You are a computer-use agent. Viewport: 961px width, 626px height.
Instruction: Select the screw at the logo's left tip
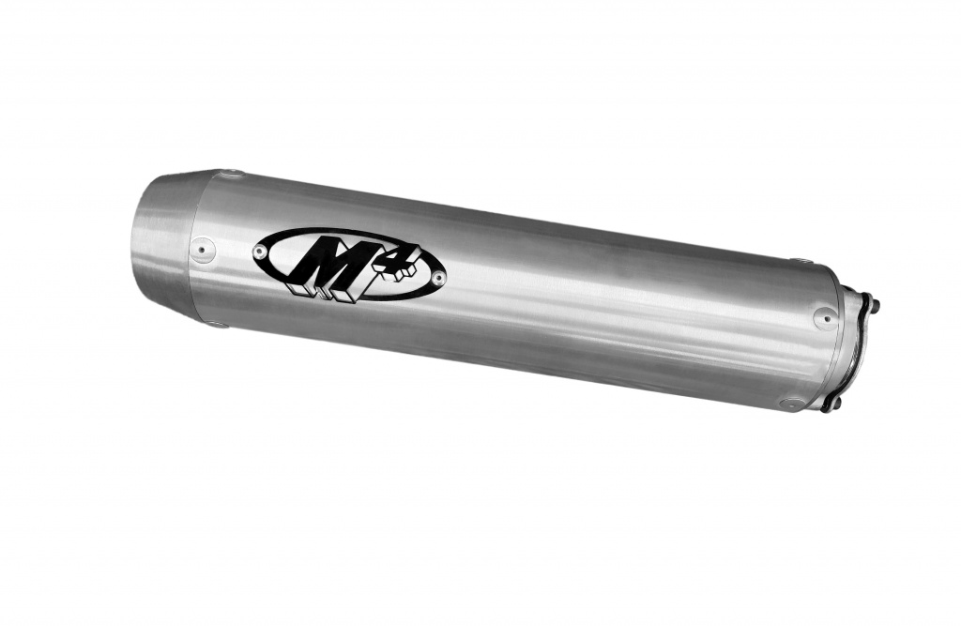[x=260, y=251]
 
